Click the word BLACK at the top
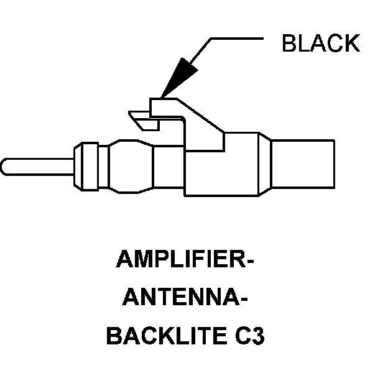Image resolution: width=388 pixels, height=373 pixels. [x=320, y=44]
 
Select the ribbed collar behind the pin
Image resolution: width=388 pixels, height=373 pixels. [x=85, y=166]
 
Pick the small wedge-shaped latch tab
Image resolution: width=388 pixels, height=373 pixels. [x=144, y=121]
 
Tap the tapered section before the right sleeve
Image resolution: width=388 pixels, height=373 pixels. [x=262, y=165]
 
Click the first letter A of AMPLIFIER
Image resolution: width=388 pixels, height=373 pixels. [x=124, y=259]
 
